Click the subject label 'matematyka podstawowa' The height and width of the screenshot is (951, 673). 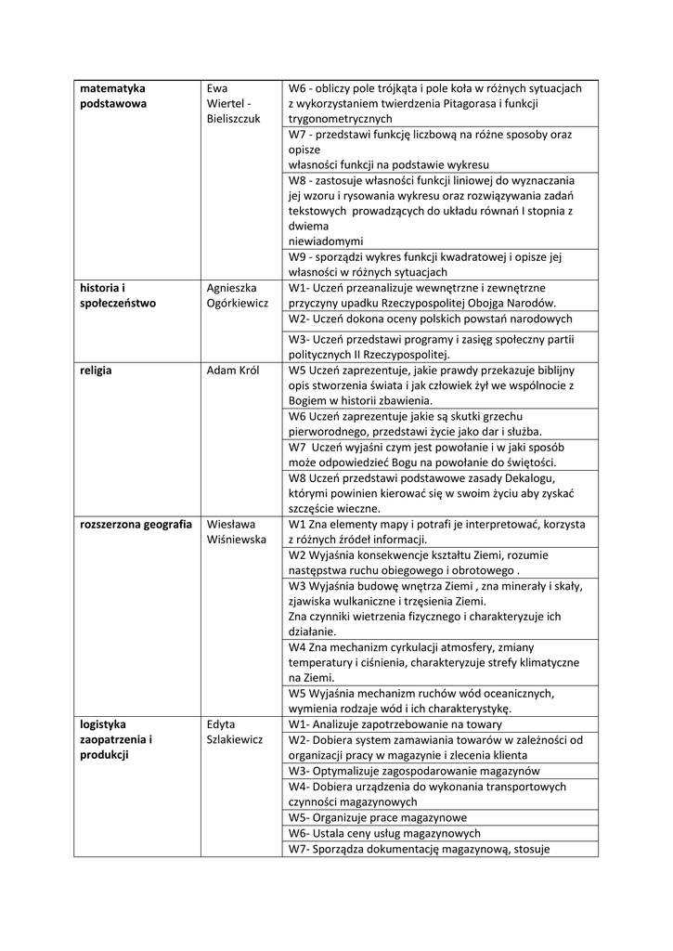[113, 96]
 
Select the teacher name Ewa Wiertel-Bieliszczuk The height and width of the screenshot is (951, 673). [235, 103]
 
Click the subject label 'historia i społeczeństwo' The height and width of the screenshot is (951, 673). [118, 294]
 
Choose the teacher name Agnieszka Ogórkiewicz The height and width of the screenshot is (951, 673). [237, 294]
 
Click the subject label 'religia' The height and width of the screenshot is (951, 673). [96, 370]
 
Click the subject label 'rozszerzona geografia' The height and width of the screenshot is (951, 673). [136, 523]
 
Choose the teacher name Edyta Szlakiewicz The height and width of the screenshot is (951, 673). [235, 732]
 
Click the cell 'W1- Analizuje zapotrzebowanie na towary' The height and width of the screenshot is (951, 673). [395, 723]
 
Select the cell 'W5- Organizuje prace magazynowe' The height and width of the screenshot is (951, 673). [377, 817]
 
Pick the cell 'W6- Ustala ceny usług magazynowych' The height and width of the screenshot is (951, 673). [384, 833]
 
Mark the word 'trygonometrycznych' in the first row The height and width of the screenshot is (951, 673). [340, 119]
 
